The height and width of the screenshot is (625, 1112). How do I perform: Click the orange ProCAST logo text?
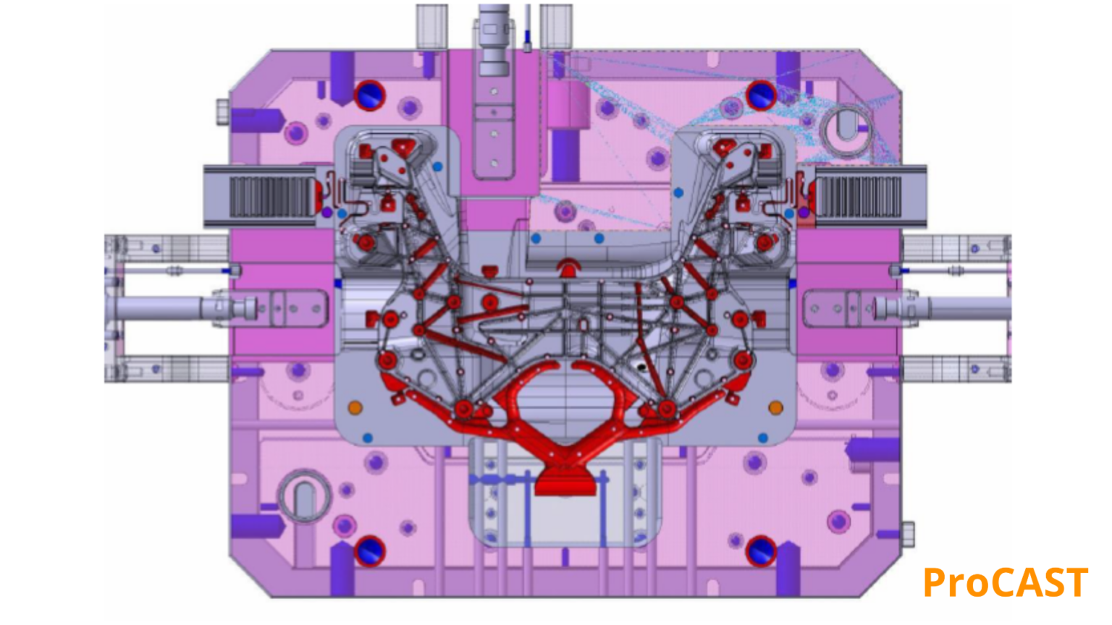pos(1005,583)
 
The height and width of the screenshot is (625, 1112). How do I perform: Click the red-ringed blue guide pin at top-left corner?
pos(369,95)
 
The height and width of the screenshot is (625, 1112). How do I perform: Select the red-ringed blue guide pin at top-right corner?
pos(761,95)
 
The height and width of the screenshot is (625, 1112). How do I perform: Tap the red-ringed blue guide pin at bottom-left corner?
pos(369,551)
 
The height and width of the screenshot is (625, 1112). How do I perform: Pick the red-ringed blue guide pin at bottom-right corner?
pos(761,551)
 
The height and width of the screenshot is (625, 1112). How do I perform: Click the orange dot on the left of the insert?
pos(355,408)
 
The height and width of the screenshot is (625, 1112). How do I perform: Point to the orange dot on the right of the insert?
pos(775,408)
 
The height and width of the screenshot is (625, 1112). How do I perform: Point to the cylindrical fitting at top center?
pos(494,40)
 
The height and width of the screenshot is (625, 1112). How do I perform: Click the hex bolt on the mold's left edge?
pos(223,112)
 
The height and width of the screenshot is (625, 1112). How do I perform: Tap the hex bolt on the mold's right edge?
pos(907,535)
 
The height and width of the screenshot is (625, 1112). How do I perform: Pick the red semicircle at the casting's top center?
pos(569,268)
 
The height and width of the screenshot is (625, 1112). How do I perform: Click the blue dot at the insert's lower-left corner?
pos(368,438)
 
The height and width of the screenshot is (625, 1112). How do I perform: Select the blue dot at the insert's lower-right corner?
pos(762,438)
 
